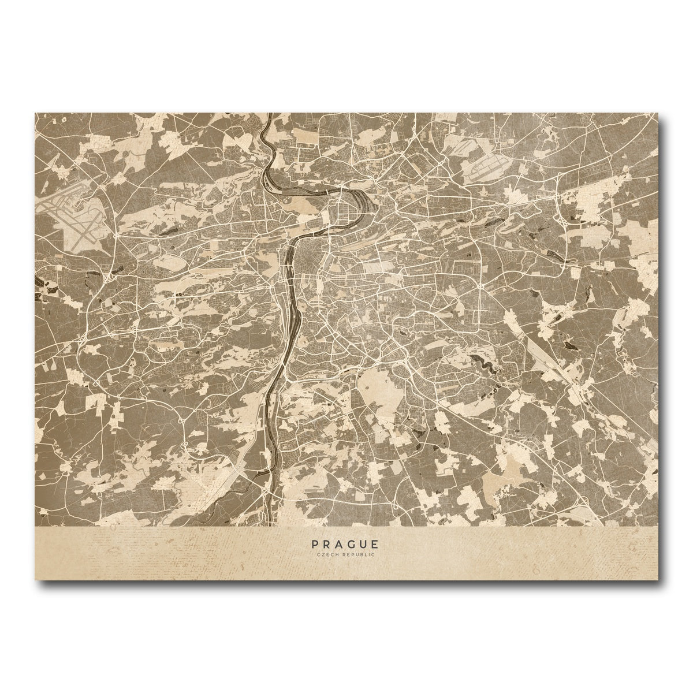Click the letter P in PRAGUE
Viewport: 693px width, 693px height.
click(x=314, y=544)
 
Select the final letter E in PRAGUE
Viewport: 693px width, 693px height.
click(x=376, y=544)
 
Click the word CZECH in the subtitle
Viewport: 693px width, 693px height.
click(x=327, y=554)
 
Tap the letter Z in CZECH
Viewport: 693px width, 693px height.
click(x=322, y=554)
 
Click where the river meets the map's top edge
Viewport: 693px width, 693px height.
click(x=267, y=114)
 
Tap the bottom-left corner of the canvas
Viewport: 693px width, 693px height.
click(x=36, y=579)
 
